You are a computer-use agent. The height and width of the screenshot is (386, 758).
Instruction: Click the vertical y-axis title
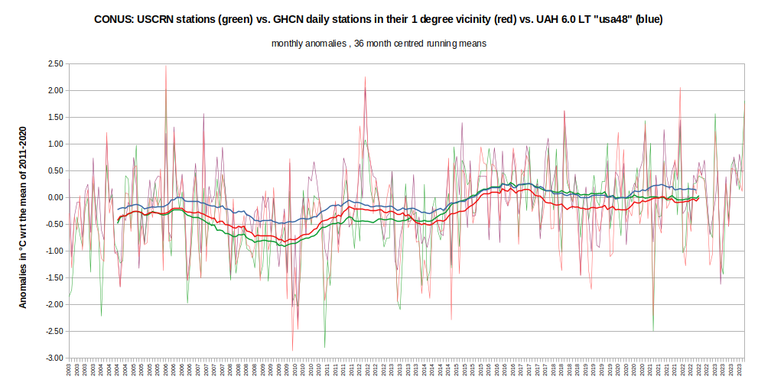click(x=23, y=218)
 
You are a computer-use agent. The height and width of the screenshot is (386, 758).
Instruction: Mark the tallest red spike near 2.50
click(x=166, y=66)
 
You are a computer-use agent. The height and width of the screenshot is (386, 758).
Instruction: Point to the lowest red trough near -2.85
click(x=292, y=350)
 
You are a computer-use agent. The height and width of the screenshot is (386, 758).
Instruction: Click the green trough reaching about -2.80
click(x=325, y=347)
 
